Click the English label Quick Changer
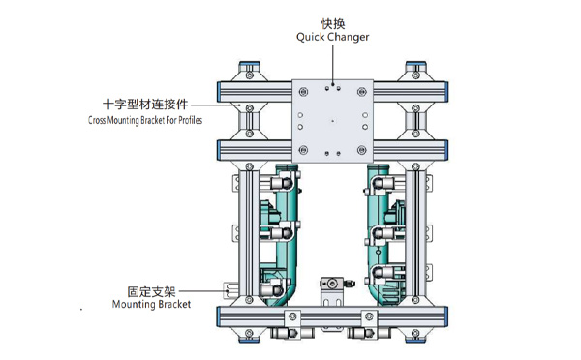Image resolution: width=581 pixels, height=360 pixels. click(x=333, y=37)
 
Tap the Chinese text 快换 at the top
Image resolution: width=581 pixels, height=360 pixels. click(x=333, y=23)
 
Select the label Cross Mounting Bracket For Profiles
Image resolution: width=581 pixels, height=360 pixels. click(x=145, y=120)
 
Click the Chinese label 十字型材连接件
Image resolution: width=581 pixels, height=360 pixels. click(x=145, y=105)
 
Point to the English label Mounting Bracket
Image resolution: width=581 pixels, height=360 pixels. click(x=151, y=304)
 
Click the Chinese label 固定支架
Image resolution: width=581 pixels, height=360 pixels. click(x=151, y=291)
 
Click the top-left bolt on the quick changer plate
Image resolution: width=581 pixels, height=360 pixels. click(x=303, y=92)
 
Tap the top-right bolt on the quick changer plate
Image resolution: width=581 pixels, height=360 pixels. click(x=361, y=92)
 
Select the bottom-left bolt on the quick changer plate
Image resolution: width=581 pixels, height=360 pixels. click(x=303, y=150)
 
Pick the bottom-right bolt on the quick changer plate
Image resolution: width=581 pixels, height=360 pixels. click(x=361, y=150)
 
